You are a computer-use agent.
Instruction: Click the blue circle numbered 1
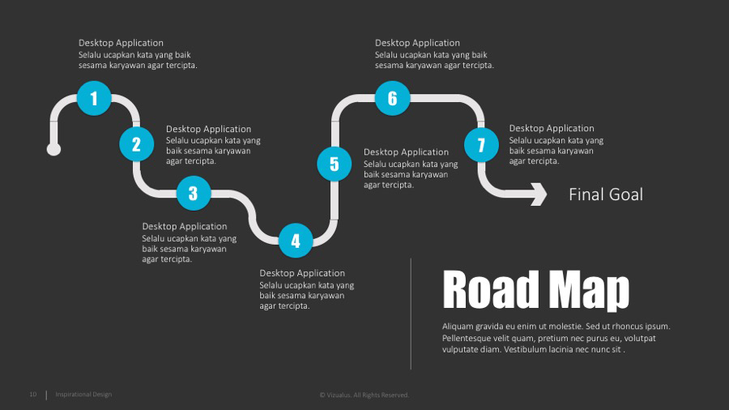pyautogui.click(x=94, y=99)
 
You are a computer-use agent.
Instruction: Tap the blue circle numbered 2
pyautogui.click(x=136, y=144)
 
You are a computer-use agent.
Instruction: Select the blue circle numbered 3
pyautogui.click(x=193, y=193)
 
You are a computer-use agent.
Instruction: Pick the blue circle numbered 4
pyautogui.click(x=296, y=240)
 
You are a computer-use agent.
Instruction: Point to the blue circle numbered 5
pyautogui.click(x=335, y=164)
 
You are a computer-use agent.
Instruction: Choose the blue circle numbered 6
pyautogui.click(x=393, y=98)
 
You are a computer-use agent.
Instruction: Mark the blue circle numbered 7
pyautogui.click(x=481, y=145)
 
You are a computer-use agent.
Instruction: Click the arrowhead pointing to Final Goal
pyautogui.click(x=539, y=194)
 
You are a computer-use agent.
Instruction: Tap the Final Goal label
pyautogui.click(x=605, y=194)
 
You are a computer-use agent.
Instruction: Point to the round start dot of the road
pyautogui.click(x=54, y=149)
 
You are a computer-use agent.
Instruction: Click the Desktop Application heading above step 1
pyautogui.click(x=121, y=43)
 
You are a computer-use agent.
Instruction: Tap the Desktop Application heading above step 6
pyautogui.click(x=417, y=43)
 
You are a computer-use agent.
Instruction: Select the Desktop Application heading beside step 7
pyautogui.click(x=552, y=128)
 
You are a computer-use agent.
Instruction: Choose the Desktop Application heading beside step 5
pyautogui.click(x=406, y=152)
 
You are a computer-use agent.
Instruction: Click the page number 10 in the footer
pyautogui.click(x=33, y=395)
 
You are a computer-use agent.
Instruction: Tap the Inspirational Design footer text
pyautogui.click(x=83, y=395)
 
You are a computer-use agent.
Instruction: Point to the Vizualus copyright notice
pyautogui.click(x=364, y=395)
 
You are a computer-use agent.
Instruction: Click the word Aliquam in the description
pyautogui.click(x=459, y=327)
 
